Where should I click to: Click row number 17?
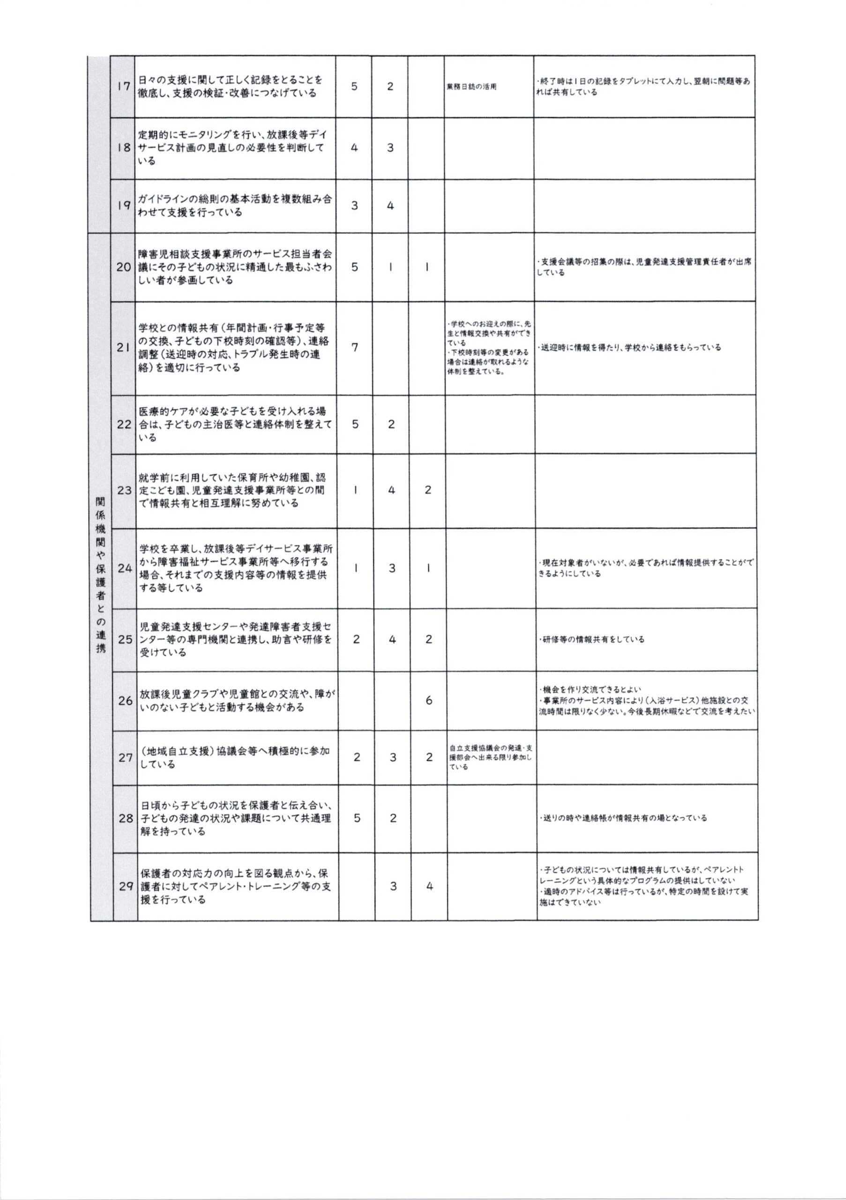pyautogui.click(x=123, y=86)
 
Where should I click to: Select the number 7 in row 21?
pyautogui.click(x=355, y=347)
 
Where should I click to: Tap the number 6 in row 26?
pyautogui.click(x=429, y=700)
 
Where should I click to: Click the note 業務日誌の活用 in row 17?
pyautogui.click(x=472, y=87)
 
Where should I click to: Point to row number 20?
pyautogui.click(x=123, y=267)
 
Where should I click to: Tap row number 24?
pyautogui.click(x=125, y=568)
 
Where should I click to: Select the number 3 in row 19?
pyautogui.click(x=354, y=206)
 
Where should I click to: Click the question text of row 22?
pyautogui.click(x=235, y=424)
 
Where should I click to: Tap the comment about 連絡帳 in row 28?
pyautogui.click(x=622, y=818)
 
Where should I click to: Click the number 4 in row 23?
pyautogui.click(x=392, y=490)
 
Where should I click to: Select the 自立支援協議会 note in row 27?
pyautogui.click(x=490, y=757)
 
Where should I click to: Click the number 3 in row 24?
pyautogui.click(x=392, y=568)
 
